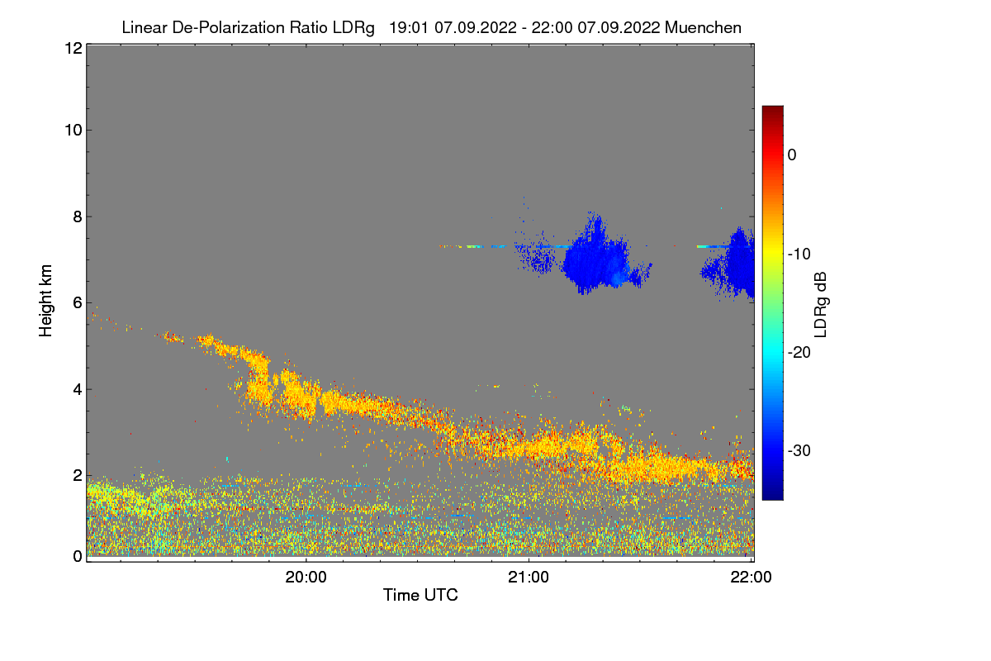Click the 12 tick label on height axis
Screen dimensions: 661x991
click(x=72, y=48)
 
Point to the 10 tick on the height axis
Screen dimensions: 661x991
click(x=73, y=130)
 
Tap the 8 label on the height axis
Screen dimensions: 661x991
click(x=76, y=216)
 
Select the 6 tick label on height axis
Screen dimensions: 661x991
click(x=76, y=303)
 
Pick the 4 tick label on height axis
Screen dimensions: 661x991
click(x=76, y=389)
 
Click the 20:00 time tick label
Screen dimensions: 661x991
click(x=306, y=578)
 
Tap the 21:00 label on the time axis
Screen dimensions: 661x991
click(x=529, y=578)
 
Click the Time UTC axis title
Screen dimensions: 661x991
click(x=420, y=595)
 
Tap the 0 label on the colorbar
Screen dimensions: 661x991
click(x=792, y=155)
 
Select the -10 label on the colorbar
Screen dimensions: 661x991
click(x=799, y=254)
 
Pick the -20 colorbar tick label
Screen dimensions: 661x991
click(x=799, y=353)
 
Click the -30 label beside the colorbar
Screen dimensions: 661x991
click(x=799, y=451)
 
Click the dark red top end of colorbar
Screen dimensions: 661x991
click(x=772, y=111)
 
